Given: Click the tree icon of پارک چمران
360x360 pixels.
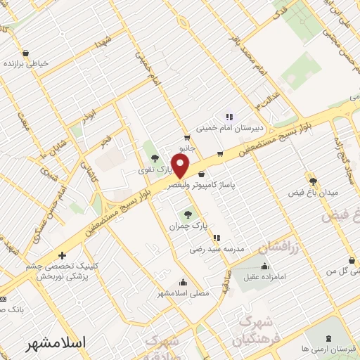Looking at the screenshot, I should (188, 213).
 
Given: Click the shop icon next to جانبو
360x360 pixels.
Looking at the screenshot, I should (187, 137).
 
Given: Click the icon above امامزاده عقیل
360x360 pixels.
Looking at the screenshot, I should (264, 266).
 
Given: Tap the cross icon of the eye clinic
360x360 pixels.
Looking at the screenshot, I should (63, 255).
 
